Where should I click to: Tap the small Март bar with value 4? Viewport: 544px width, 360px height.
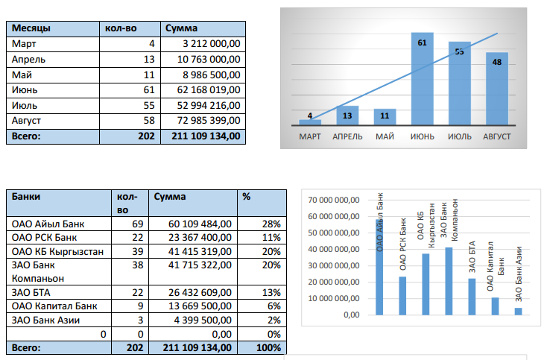click(x=310, y=121)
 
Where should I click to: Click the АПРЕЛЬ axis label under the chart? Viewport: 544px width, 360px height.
click(x=347, y=136)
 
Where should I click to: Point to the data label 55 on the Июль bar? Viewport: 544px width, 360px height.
click(x=459, y=51)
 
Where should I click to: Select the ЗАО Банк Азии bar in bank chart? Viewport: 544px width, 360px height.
click(x=518, y=311)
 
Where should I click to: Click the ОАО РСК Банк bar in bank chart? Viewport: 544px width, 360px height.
click(x=402, y=296)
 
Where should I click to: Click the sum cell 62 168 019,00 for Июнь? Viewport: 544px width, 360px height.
click(x=202, y=89)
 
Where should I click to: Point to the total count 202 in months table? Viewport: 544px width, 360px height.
click(x=146, y=136)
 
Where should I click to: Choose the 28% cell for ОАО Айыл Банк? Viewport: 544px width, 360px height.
click(x=271, y=224)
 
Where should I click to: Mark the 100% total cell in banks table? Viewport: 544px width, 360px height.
click(x=268, y=347)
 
